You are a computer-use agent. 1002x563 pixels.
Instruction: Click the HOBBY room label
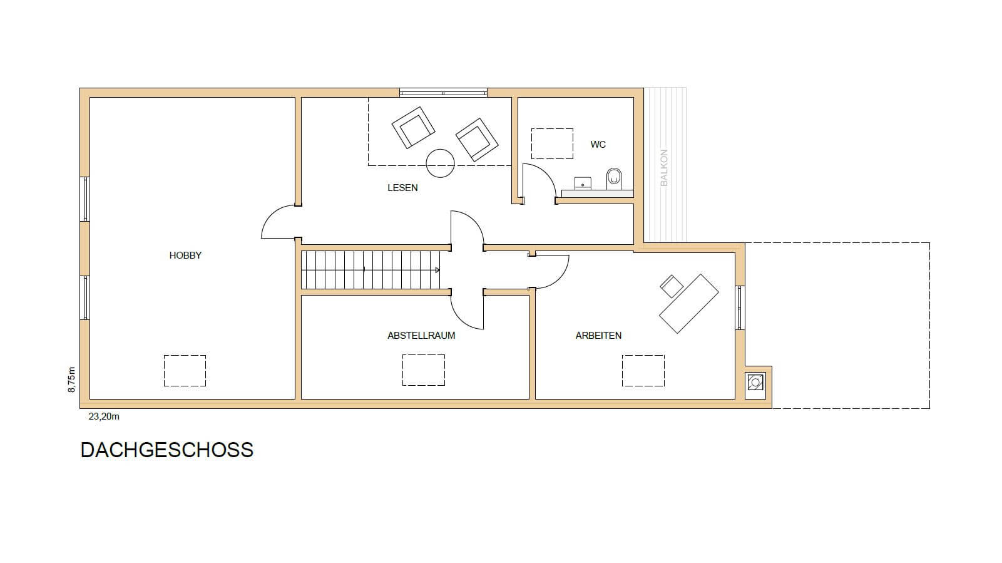click(185, 256)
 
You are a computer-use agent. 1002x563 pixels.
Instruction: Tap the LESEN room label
click(402, 188)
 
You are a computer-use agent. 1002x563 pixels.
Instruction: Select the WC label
click(598, 145)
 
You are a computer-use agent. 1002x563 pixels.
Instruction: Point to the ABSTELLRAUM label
click(421, 336)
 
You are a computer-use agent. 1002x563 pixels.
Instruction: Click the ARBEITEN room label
click(598, 336)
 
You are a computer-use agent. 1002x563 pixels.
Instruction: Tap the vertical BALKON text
click(664, 168)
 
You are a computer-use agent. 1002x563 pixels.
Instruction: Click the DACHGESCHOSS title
click(167, 450)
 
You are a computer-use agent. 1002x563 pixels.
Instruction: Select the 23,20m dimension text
click(104, 416)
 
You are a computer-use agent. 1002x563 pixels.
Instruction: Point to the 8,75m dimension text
click(71, 380)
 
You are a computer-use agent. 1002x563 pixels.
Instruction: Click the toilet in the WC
click(614, 179)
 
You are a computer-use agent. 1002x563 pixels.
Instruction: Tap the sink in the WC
click(583, 183)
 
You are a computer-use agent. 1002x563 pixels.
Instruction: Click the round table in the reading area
click(440, 163)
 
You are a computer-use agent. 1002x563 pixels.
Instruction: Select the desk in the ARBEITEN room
click(689, 304)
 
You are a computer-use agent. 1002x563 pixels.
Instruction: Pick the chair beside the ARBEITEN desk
click(672, 286)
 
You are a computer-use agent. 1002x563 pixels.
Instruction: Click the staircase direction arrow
click(437, 270)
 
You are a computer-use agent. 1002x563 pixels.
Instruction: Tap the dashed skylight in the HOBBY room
click(185, 371)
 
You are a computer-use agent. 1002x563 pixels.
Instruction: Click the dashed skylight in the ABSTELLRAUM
click(424, 370)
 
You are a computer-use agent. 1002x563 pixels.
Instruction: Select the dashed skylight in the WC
click(552, 143)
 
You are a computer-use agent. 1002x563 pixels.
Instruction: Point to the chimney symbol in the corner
click(755, 383)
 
